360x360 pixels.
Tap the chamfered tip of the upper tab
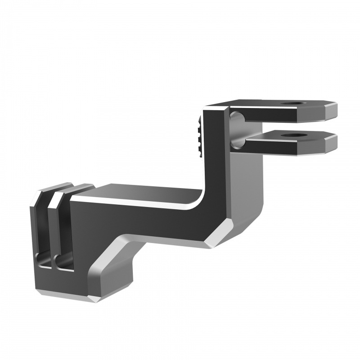click(330, 110)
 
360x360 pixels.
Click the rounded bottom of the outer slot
click(43, 261)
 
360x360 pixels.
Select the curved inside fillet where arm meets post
click(198, 198)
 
